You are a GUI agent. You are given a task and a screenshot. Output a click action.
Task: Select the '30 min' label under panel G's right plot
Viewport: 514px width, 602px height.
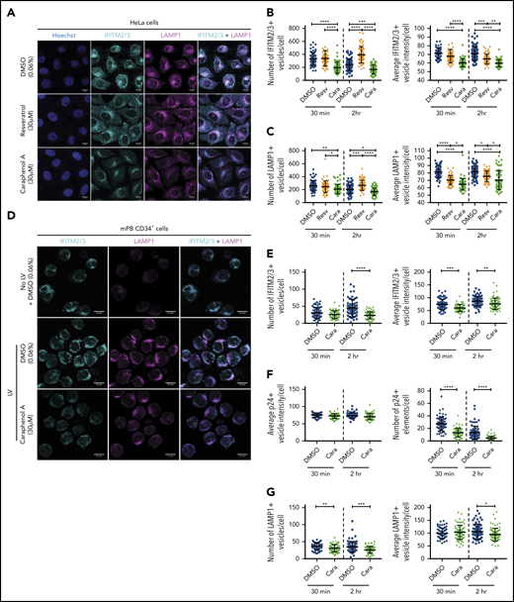(x=441, y=590)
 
